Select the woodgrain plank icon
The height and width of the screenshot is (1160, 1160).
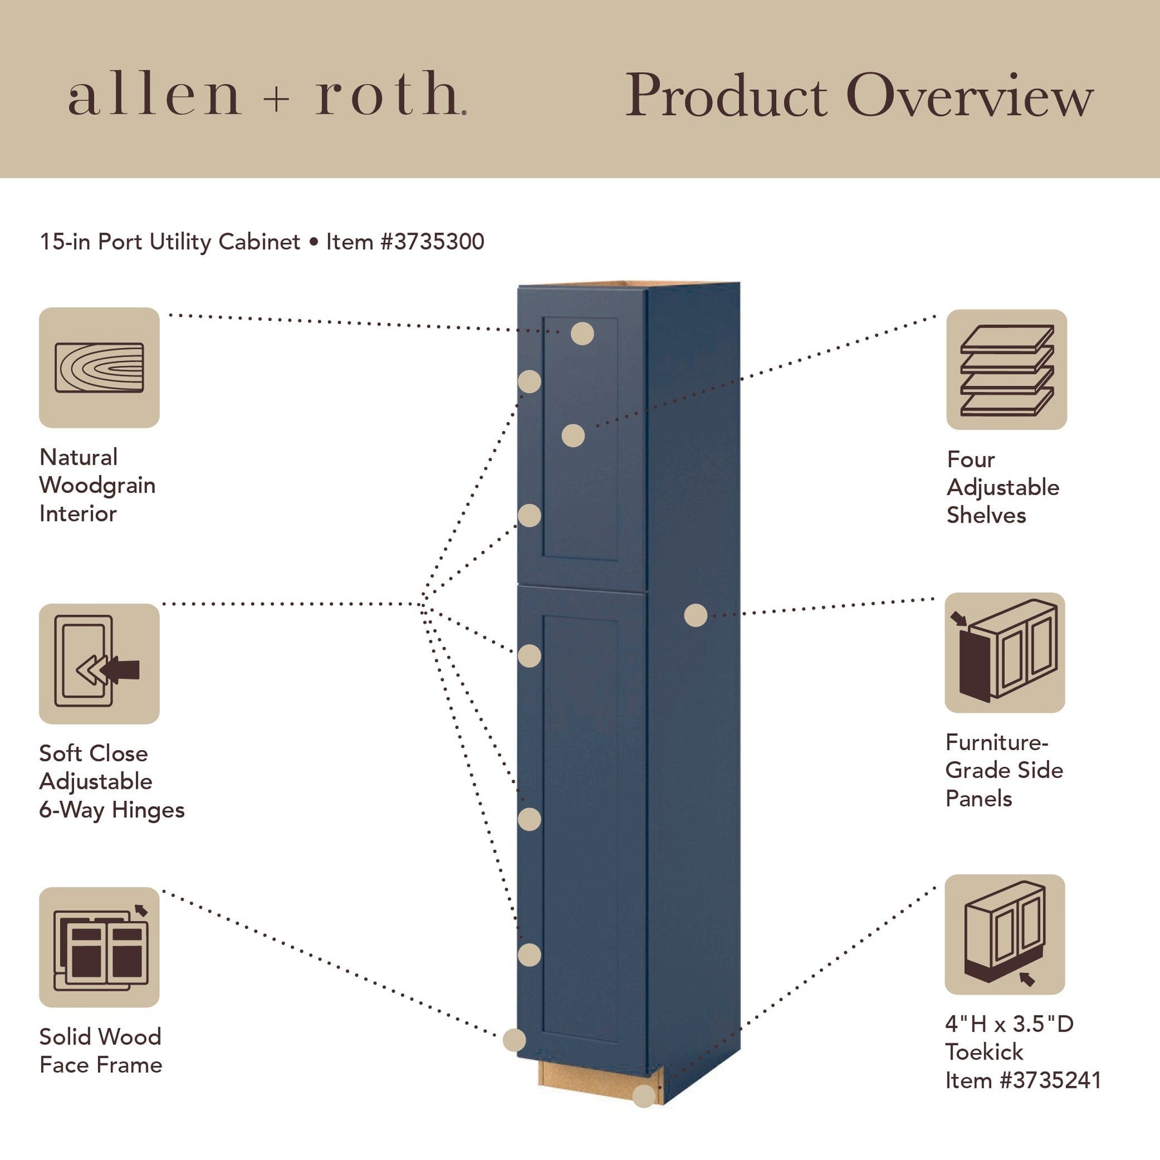click(99, 367)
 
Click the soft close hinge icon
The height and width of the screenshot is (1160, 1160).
click(99, 664)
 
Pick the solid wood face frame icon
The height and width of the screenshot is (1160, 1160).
click(99, 947)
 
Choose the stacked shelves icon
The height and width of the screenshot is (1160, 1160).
click(1006, 369)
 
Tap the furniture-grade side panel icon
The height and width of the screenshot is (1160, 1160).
click(1005, 652)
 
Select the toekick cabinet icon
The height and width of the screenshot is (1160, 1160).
click(1005, 934)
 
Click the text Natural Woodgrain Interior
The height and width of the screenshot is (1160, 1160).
click(97, 485)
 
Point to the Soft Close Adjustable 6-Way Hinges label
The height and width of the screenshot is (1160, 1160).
click(111, 781)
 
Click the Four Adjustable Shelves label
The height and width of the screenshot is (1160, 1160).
click(1003, 487)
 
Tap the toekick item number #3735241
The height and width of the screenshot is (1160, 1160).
click(1050, 1080)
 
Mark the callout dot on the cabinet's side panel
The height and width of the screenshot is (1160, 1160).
click(695, 615)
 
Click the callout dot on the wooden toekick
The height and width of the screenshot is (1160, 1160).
click(644, 1096)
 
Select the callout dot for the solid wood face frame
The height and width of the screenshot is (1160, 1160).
click(514, 1039)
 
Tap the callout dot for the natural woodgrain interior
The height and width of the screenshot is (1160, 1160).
click(582, 334)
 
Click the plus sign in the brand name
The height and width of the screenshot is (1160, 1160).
click(277, 100)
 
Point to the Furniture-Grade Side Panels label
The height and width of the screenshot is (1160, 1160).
click(1003, 770)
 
